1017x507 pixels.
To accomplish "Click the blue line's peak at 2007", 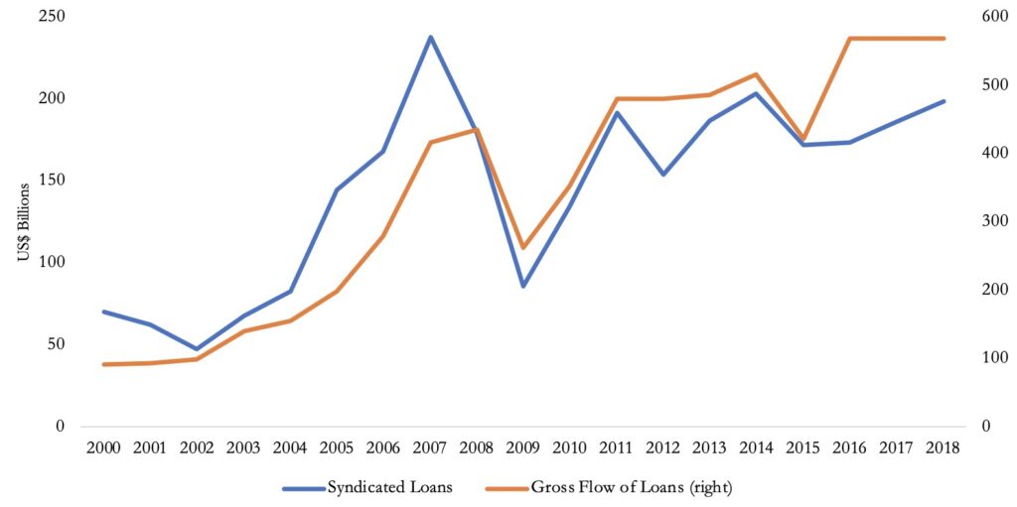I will pyautogui.click(x=430, y=38).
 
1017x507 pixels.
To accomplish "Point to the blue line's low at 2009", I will pyautogui.click(x=523, y=286).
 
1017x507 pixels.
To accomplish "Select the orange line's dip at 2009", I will pyautogui.click(x=523, y=248).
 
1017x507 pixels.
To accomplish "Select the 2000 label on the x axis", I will pyautogui.click(x=103, y=447).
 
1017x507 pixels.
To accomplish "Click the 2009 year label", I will pyautogui.click(x=523, y=447).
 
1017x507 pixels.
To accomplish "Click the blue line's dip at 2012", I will pyautogui.click(x=663, y=175).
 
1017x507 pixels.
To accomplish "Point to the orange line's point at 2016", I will pyautogui.click(x=850, y=39).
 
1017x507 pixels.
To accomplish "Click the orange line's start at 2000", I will pyautogui.click(x=103, y=364).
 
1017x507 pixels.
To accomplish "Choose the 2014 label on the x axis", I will pyautogui.click(x=757, y=447).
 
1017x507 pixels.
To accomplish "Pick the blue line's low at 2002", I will pyautogui.click(x=197, y=349).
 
